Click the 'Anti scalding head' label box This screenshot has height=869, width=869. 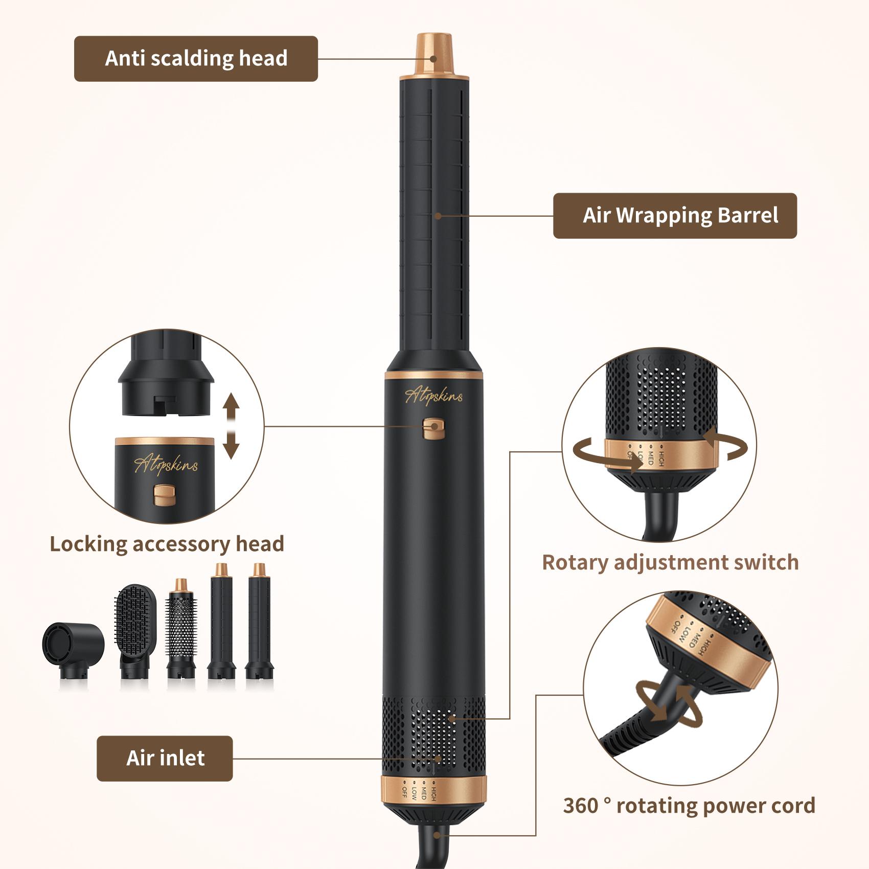[x=196, y=59]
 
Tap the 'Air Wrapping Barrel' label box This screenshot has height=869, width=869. [x=675, y=216]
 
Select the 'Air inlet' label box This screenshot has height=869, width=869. [x=165, y=758]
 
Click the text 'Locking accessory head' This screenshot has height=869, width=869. [x=167, y=544]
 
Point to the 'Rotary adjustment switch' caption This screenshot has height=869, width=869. [x=670, y=562]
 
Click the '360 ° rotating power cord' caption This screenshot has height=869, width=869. [x=689, y=806]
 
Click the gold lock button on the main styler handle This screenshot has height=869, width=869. [x=433, y=428]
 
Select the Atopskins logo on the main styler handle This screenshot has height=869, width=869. [x=433, y=396]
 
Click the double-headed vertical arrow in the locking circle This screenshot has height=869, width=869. [x=231, y=426]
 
